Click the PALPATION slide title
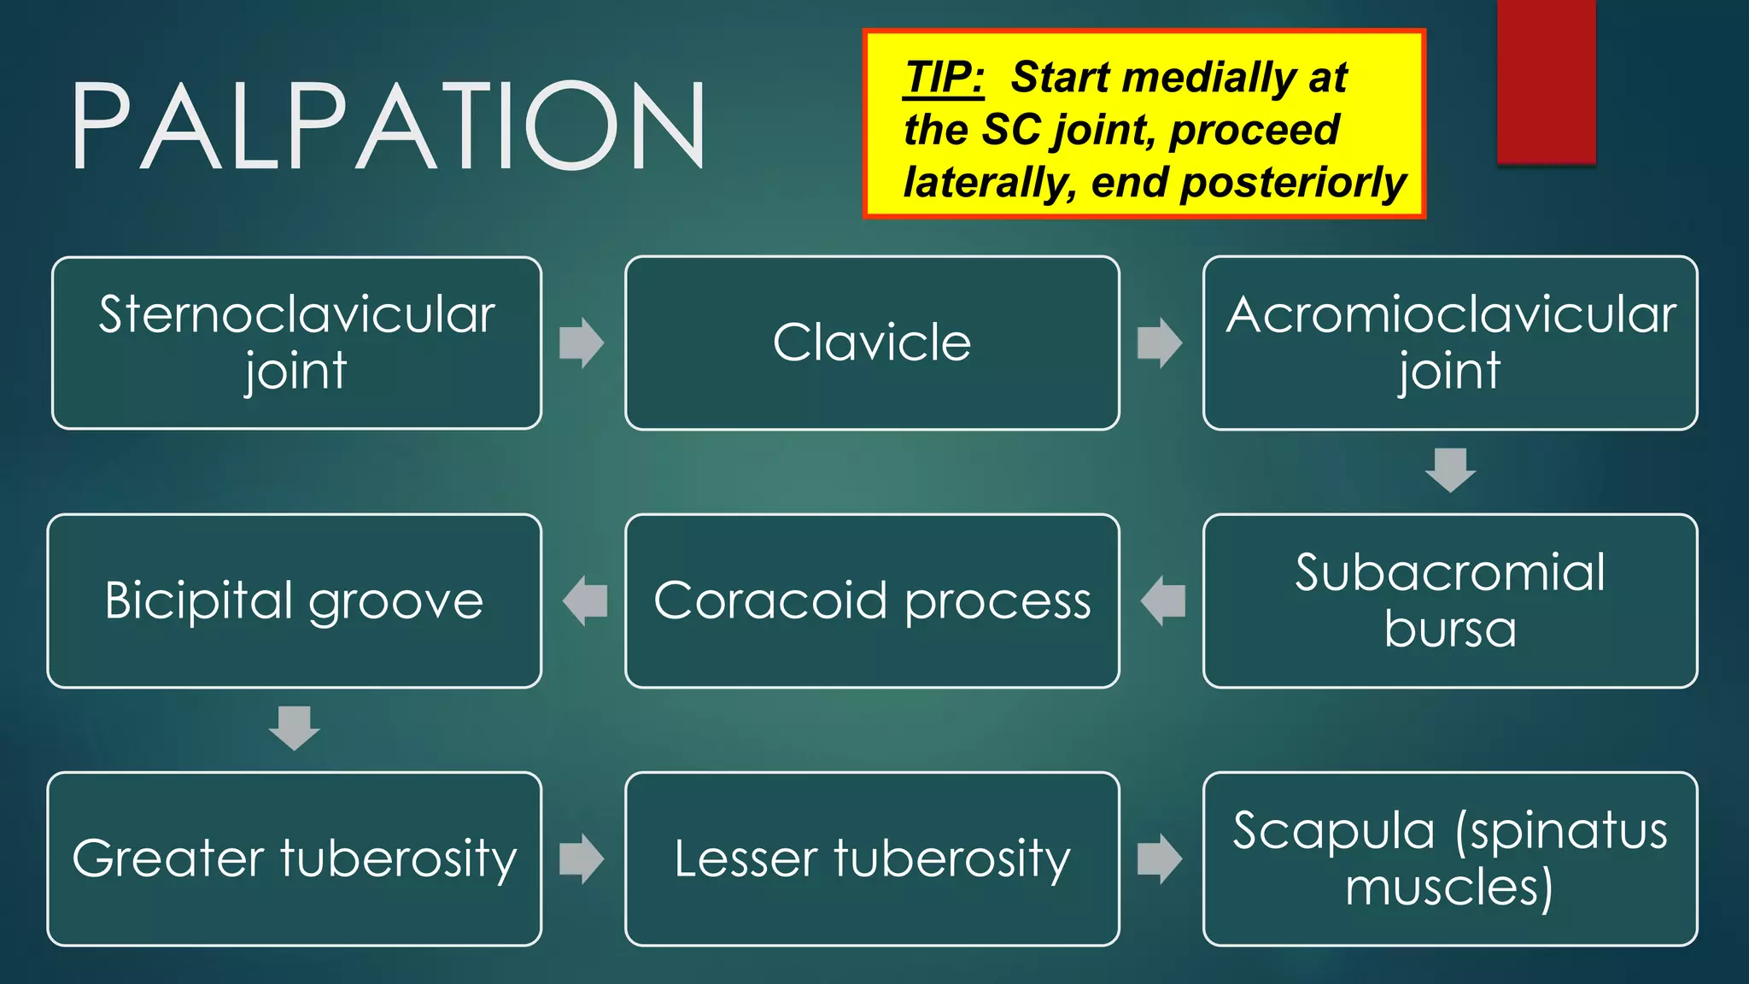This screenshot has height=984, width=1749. point(389,126)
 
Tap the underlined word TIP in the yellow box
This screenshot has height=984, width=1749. point(944,78)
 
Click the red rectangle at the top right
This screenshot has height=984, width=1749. point(1546,81)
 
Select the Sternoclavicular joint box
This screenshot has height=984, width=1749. point(296,343)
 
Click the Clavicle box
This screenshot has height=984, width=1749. point(872,343)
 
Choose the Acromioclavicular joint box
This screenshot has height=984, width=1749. point(1450,343)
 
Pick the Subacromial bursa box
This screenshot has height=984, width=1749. point(1450,600)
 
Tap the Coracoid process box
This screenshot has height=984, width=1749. point(872,600)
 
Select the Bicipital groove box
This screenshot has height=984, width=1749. point(295,600)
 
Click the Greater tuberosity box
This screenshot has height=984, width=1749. point(295,858)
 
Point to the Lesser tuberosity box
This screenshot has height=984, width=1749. point(872,858)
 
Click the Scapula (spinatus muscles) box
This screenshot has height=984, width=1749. point(1450,858)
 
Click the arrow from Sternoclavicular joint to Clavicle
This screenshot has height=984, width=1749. point(582,343)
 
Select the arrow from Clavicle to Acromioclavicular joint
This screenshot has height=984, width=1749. point(1160,343)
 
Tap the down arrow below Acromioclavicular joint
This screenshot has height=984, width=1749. point(1450,470)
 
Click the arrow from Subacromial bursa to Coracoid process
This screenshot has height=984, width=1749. point(1162,600)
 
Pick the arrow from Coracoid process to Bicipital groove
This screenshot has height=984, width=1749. point(585,600)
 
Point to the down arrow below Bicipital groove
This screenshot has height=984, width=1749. point(295,728)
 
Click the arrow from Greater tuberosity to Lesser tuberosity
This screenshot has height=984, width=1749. point(582,858)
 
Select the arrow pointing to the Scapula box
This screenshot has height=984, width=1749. point(1160,858)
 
